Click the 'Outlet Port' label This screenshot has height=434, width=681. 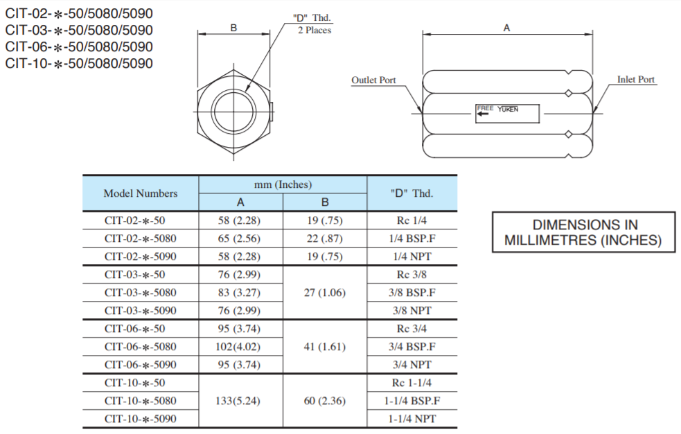(x=373, y=80)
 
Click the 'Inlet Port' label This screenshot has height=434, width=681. (x=635, y=80)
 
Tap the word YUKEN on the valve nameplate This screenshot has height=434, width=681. (x=507, y=109)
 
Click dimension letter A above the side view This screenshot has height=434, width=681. (x=506, y=28)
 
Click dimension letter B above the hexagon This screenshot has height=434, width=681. (x=233, y=28)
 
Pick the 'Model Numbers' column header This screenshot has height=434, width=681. (x=140, y=193)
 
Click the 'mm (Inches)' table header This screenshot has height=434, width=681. (x=283, y=184)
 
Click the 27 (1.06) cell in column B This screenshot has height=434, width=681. (x=324, y=293)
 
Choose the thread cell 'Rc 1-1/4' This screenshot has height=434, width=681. (x=412, y=383)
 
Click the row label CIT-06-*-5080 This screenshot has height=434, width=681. (x=140, y=347)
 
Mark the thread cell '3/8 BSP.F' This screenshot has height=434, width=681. (x=412, y=293)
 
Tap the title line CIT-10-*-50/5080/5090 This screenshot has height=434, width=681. (x=79, y=64)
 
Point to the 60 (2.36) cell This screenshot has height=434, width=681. (x=324, y=401)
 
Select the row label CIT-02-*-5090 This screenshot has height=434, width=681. (x=140, y=257)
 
